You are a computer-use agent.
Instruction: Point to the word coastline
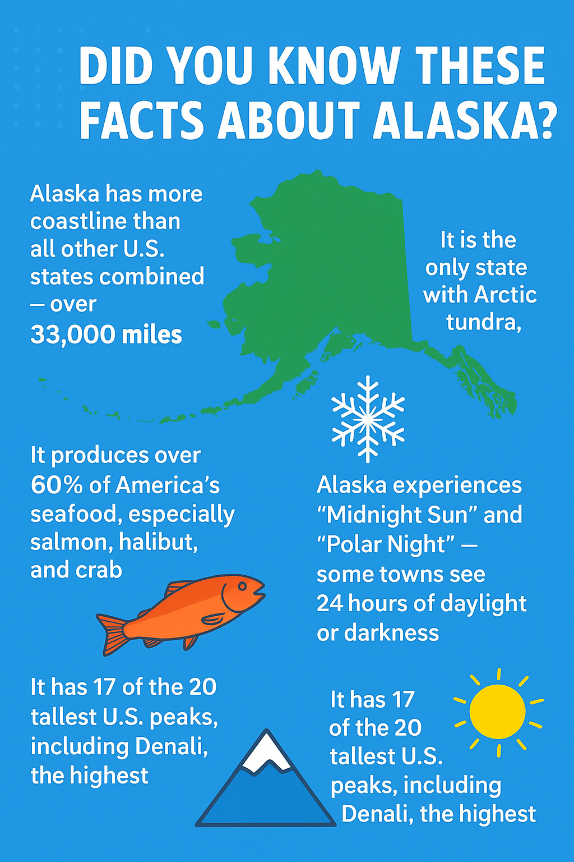(105, 221)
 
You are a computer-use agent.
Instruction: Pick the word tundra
(483, 322)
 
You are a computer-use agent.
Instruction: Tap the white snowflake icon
(368, 419)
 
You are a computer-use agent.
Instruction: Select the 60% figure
(57, 485)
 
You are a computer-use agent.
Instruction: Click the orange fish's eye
(242, 586)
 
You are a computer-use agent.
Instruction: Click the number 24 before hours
(330, 603)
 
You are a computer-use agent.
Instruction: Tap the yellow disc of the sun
(497, 712)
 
